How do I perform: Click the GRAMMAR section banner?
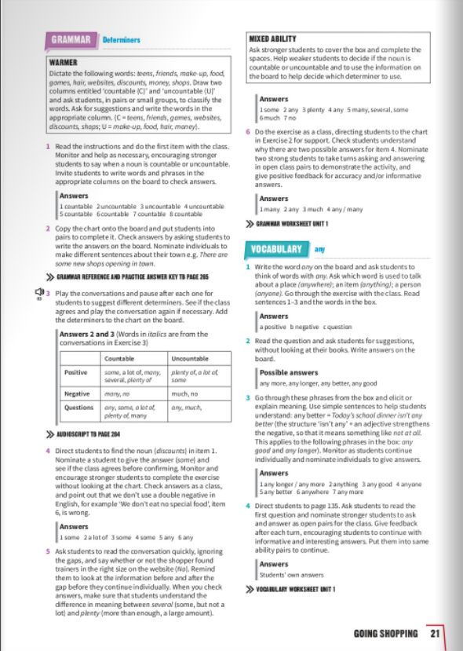[x=72, y=39]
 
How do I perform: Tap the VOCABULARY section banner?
[x=276, y=249]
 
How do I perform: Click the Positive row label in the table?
[x=76, y=372]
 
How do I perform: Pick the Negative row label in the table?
[x=77, y=393]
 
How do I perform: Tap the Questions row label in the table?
[x=78, y=408]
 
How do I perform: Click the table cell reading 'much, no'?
[x=184, y=393]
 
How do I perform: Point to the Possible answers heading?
[x=286, y=372]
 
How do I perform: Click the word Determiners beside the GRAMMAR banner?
[x=121, y=39]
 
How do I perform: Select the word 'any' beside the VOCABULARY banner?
[x=319, y=249]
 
